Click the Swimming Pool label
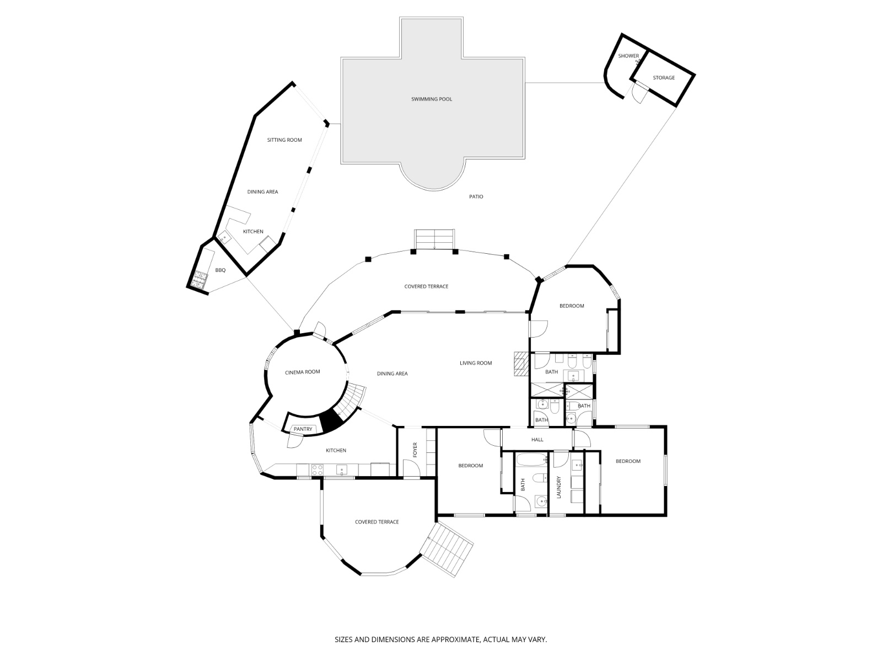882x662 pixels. point(431,99)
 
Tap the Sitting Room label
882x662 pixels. point(284,140)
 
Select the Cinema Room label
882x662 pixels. point(302,372)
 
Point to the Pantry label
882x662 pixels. point(303,429)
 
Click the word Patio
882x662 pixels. point(476,196)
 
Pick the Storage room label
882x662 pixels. point(663,78)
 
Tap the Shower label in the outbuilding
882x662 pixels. point(628,56)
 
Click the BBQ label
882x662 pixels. point(220,270)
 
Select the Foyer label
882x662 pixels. point(415,450)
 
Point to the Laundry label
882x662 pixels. point(558,487)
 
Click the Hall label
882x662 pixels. point(537,440)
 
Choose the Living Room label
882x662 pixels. point(476,363)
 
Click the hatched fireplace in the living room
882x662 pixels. point(521,364)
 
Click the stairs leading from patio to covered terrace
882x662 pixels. point(434,239)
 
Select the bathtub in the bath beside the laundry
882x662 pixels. point(531,460)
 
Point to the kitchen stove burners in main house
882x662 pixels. point(317,470)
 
